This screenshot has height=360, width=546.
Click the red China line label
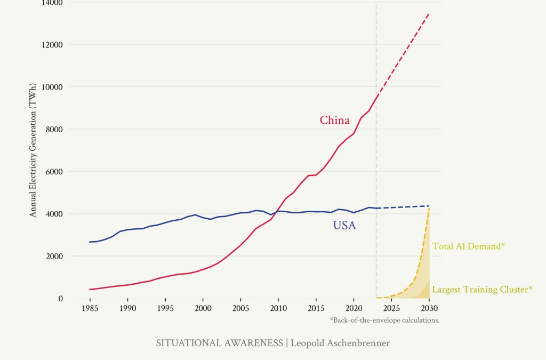click(334, 120)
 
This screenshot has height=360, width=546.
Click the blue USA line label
click(344, 226)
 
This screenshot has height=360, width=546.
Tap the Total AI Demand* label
click(468, 246)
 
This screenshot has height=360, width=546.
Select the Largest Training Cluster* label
click(482, 290)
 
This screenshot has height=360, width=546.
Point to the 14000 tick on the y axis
click(51, 3)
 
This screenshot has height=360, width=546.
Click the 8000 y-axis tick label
click(53, 129)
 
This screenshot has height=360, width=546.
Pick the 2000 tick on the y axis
click(53, 256)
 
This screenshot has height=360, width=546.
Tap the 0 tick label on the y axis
click(60, 298)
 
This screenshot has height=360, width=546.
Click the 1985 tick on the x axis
click(90, 308)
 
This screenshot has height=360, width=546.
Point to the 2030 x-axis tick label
click(429, 308)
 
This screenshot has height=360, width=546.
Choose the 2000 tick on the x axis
click(203, 308)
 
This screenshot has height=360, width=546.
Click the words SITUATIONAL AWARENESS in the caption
click(219, 343)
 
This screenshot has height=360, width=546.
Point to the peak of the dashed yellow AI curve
click(429, 207)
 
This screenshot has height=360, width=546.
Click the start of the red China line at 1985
click(90, 290)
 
